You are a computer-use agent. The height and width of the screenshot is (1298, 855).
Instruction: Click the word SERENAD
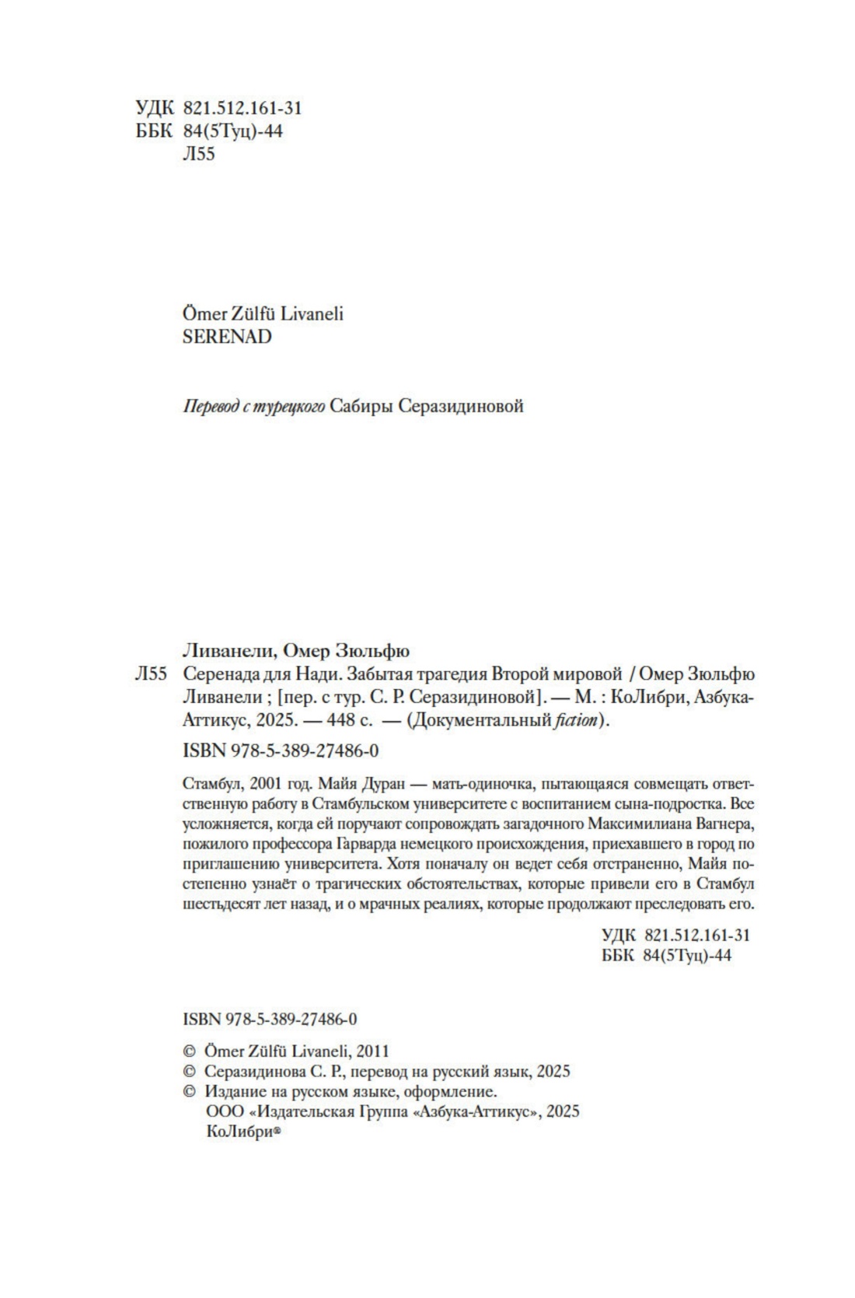click(226, 337)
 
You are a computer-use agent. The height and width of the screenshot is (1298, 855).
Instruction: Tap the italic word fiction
click(576, 720)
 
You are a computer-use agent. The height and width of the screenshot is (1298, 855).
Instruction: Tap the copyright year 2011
click(371, 1050)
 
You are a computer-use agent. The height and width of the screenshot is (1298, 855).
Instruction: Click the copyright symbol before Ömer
click(188, 1050)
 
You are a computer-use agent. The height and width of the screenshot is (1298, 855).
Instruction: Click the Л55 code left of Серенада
click(151, 673)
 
